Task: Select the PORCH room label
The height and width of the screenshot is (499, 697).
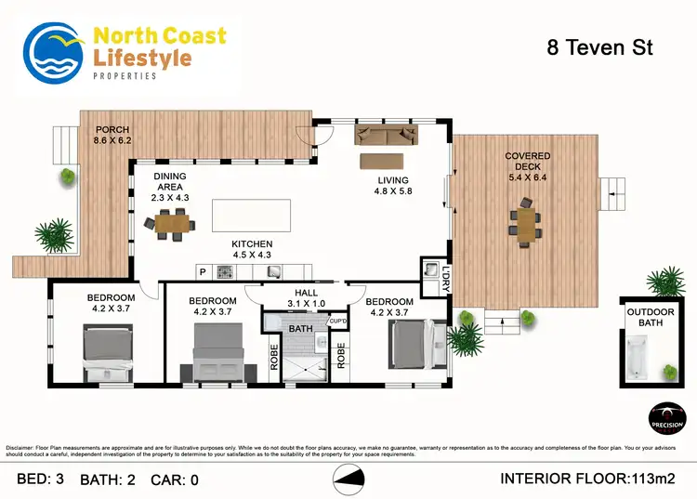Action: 112,135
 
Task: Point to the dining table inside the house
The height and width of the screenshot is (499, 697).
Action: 171,223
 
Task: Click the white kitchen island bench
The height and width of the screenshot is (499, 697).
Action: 247,215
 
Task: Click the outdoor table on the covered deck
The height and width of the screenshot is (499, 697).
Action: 526,223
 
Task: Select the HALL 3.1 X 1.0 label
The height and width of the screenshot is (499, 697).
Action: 305,298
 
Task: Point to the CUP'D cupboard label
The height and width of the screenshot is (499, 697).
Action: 338,322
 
